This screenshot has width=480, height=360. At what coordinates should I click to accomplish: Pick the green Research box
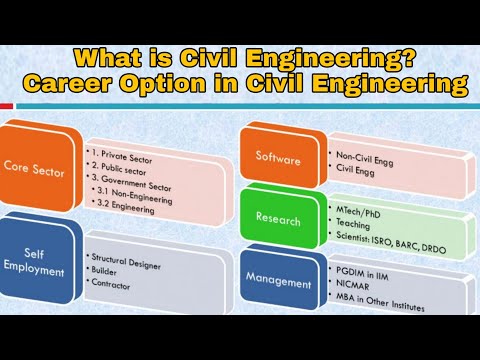point(278,219)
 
